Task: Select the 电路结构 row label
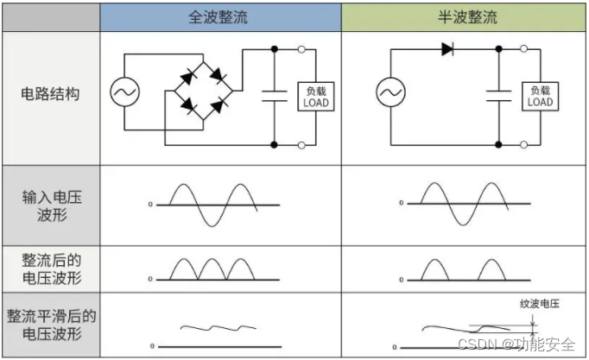point(50,94)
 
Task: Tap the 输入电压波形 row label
point(50,205)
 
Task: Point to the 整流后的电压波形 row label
point(50,268)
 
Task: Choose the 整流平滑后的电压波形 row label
point(50,325)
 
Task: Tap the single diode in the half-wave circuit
point(447,49)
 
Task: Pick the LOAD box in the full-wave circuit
point(314,96)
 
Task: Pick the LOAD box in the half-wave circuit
point(540,96)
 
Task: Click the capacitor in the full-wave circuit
point(275,96)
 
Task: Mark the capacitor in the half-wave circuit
point(500,96)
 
